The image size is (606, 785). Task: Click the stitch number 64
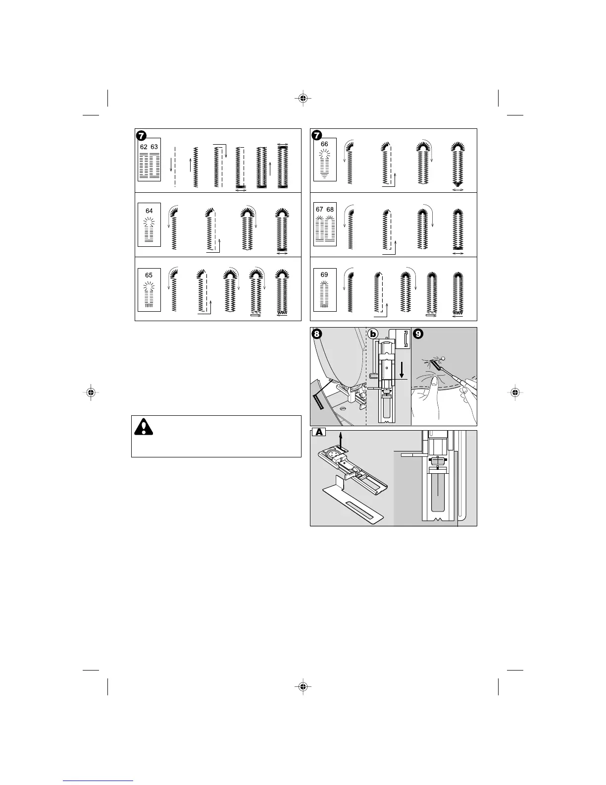(x=149, y=211)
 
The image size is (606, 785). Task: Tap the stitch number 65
(x=149, y=275)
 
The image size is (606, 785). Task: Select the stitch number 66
(x=324, y=144)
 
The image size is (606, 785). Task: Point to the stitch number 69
(x=324, y=275)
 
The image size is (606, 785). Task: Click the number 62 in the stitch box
(x=144, y=147)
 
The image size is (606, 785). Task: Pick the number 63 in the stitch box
(x=154, y=147)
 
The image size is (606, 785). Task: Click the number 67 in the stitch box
(x=319, y=209)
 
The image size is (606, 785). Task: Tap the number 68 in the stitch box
(x=330, y=209)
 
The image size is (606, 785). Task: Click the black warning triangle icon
(x=144, y=427)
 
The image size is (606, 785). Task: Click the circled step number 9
(x=418, y=334)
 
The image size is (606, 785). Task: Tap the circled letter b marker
(x=373, y=334)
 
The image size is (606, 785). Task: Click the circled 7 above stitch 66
(x=316, y=135)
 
